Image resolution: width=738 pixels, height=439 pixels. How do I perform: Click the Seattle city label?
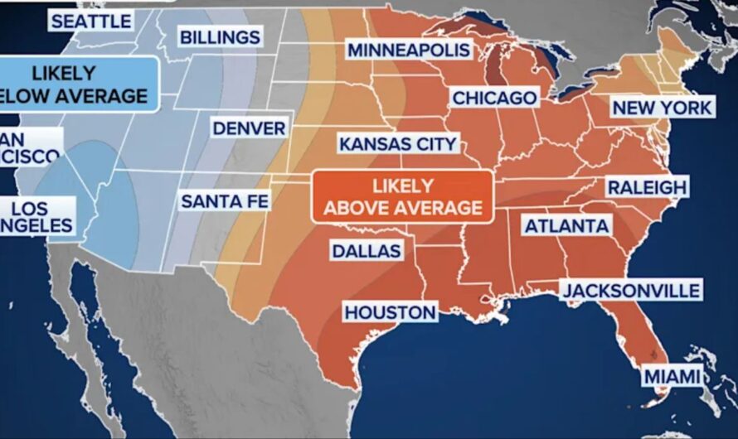coord(90,20)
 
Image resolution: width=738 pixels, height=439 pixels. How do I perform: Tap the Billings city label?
coord(219,36)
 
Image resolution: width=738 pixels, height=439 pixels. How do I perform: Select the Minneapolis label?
coord(409,50)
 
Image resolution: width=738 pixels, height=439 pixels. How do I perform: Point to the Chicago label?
coord(494,98)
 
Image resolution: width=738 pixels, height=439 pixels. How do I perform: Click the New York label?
coord(661,107)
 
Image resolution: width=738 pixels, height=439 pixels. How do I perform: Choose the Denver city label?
coord(249,128)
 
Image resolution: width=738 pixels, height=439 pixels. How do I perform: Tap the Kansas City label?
coord(398,144)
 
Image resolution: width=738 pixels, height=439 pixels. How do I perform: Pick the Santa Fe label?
coord(225,200)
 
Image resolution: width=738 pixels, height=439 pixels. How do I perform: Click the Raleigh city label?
coord(647,186)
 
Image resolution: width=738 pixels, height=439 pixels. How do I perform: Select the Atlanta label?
coord(566,224)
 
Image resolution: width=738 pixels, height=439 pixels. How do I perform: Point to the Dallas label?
coord(366,250)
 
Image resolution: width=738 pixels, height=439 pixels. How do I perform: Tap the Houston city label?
coord(390,312)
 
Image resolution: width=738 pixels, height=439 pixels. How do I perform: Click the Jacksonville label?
coord(630,290)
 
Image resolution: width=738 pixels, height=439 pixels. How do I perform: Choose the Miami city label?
coord(671,377)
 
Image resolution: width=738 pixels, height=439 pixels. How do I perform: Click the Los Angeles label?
coord(36,216)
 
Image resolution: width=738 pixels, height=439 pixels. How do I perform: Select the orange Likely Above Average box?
coord(402,195)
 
